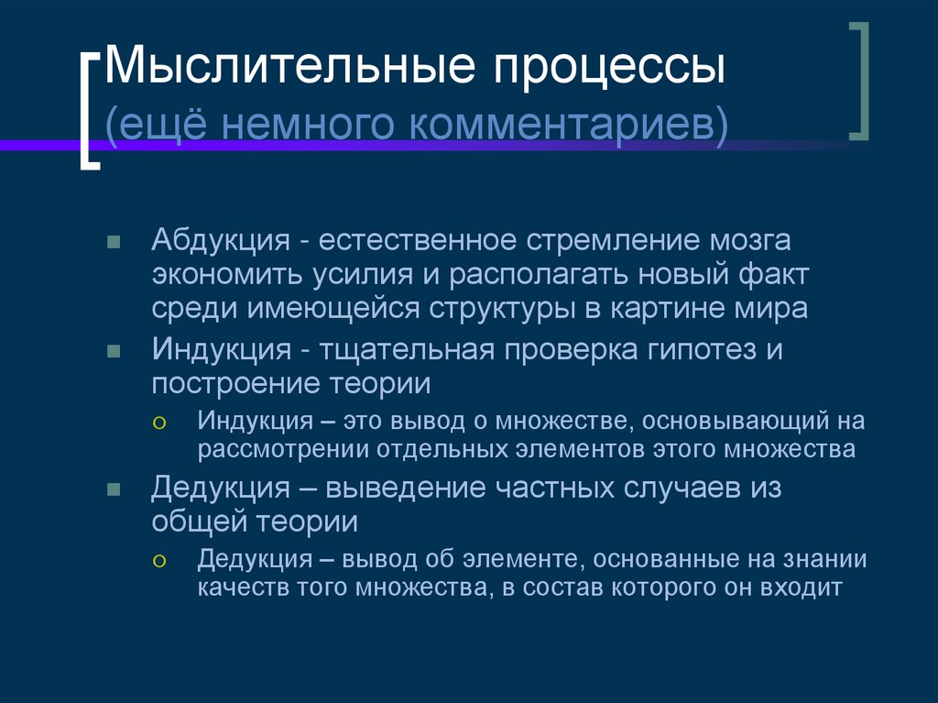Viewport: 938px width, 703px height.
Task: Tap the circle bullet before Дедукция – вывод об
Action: coord(159,560)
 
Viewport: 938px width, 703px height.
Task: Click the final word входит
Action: coord(801,588)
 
